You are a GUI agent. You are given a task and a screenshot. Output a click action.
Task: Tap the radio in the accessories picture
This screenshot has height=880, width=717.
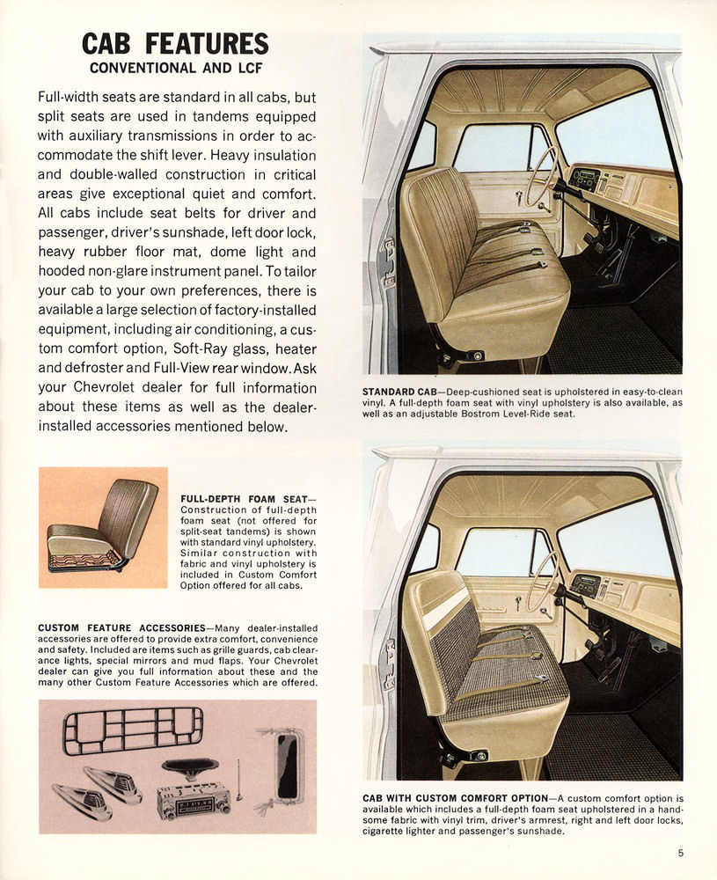click(x=193, y=800)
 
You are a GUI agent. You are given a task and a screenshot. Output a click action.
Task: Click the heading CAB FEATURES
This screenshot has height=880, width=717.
click(x=175, y=43)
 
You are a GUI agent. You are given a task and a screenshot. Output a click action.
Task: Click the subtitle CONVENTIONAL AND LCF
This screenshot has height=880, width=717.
click(x=175, y=68)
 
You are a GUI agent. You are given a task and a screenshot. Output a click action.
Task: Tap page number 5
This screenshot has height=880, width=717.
click(x=681, y=851)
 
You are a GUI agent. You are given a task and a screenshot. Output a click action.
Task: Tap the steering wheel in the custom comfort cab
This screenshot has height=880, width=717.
click(x=542, y=581)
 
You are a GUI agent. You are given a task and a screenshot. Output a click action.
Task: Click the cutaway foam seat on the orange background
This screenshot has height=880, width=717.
click(x=92, y=529)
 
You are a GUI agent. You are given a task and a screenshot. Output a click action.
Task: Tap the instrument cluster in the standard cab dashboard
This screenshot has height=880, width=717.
click(x=584, y=180)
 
